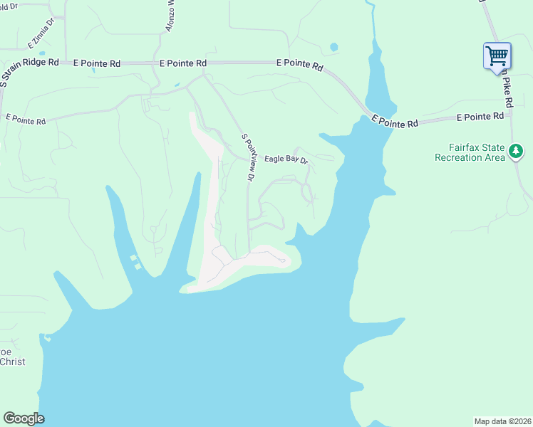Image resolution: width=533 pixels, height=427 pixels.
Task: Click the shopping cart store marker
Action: point(497,55)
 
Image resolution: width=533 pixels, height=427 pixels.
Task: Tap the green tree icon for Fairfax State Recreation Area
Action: point(517,151)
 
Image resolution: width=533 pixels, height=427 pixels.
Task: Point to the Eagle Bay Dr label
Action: point(286,160)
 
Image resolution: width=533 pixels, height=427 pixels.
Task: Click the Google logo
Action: point(24,418)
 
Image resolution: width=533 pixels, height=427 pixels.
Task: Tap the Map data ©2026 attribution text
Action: point(503,421)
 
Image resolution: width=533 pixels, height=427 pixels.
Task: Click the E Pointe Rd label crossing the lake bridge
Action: point(394,123)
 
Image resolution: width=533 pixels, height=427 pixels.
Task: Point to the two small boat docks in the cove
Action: point(135,261)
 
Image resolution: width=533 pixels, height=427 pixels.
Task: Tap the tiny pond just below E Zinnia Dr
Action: point(42,53)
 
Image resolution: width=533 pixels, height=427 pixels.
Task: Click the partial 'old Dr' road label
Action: point(10,6)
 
